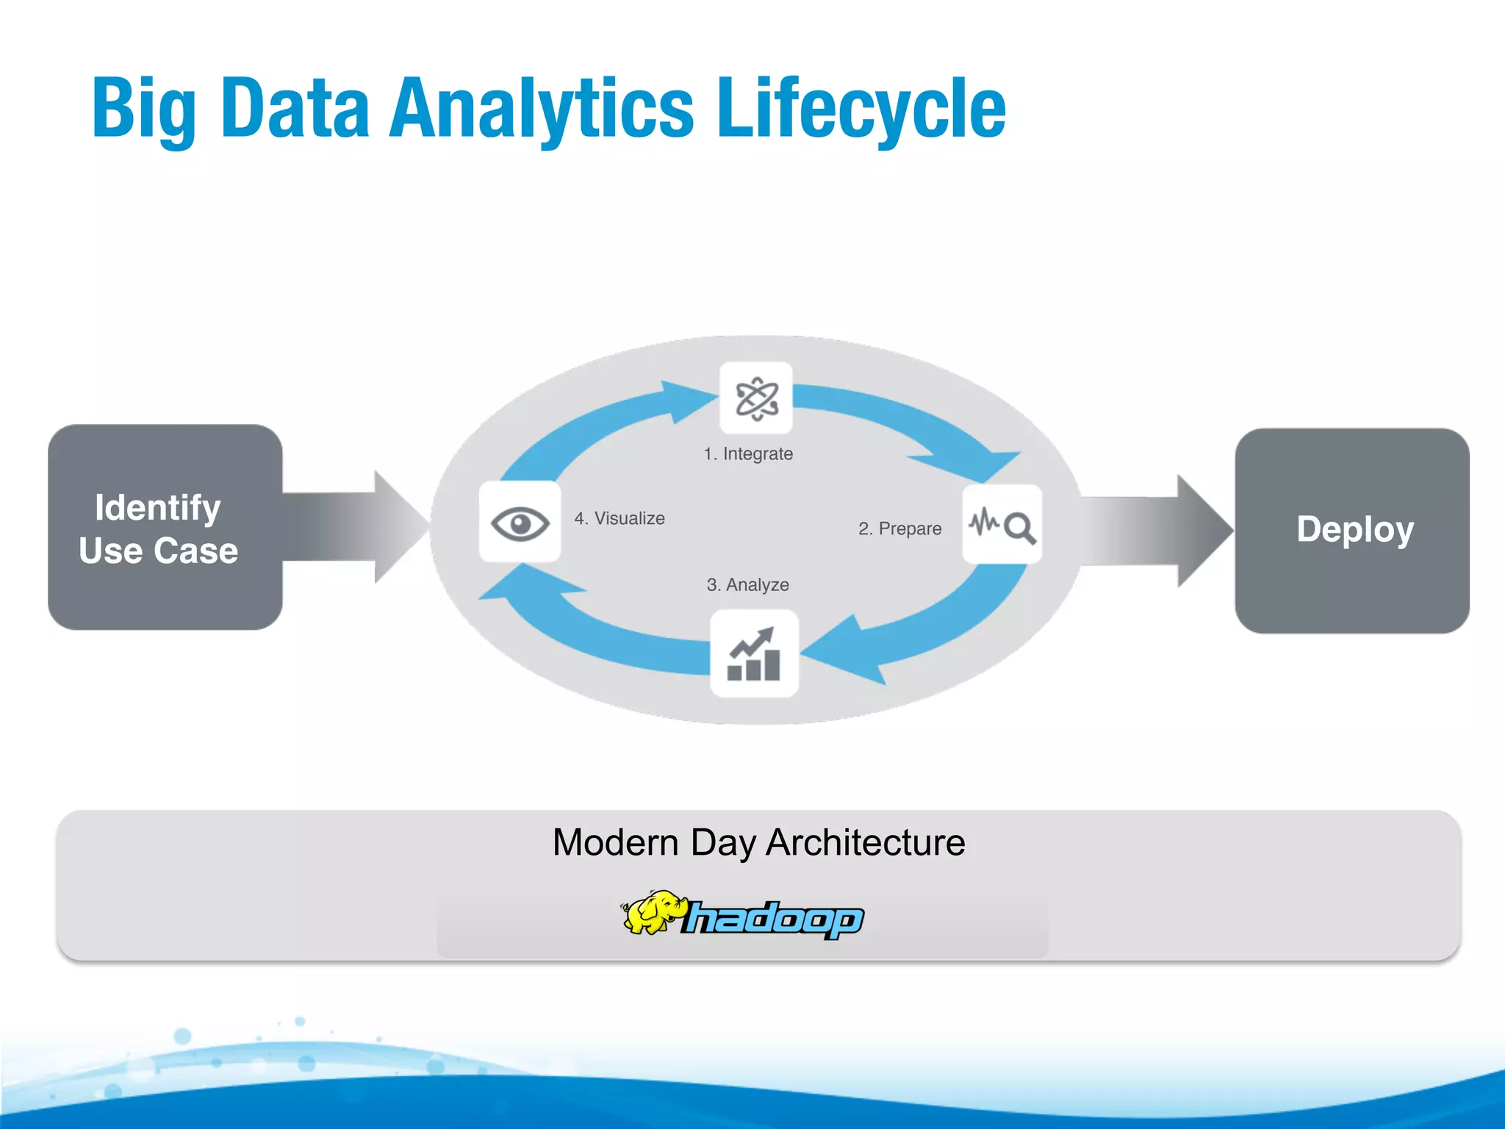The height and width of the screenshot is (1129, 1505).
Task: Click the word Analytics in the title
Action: pyautogui.click(x=541, y=109)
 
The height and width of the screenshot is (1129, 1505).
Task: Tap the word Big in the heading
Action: pyautogui.click(x=143, y=109)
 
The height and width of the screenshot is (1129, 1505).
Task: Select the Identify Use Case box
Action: pyautogui.click(x=165, y=527)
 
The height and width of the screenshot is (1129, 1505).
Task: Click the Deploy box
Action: pyautogui.click(x=1352, y=530)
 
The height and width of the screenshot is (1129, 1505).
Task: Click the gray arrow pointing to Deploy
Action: pyautogui.click(x=1157, y=531)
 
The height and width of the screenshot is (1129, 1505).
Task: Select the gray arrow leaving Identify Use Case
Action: pyautogui.click(x=353, y=526)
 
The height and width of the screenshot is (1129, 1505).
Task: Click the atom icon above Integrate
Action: pyautogui.click(x=756, y=398)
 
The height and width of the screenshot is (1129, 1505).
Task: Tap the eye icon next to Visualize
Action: pyautogui.click(x=520, y=523)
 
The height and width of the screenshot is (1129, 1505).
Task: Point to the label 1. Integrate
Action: pyautogui.click(x=748, y=454)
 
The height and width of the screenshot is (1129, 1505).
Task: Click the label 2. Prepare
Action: pyautogui.click(x=899, y=528)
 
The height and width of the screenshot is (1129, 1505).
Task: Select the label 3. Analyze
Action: pyautogui.click(x=747, y=585)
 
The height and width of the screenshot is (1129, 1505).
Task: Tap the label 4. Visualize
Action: pyautogui.click(x=619, y=518)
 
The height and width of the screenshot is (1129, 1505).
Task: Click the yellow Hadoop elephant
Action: pyautogui.click(x=653, y=913)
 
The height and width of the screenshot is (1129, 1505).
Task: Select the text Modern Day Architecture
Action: pyautogui.click(x=758, y=842)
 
